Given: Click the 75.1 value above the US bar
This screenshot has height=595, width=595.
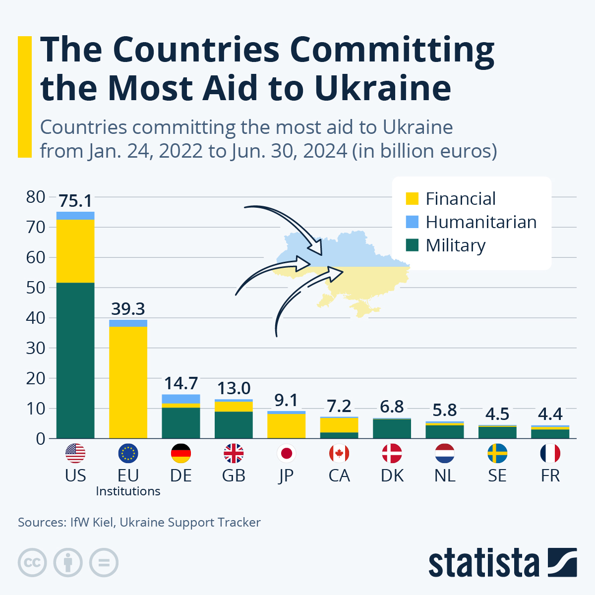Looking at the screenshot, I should point(75,201).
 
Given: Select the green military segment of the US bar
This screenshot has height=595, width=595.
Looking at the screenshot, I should point(75,360).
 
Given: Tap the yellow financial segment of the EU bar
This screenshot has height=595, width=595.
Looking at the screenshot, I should point(128,382).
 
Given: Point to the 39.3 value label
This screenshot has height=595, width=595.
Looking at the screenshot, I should point(128,309).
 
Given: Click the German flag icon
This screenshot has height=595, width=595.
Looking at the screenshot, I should point(181,453).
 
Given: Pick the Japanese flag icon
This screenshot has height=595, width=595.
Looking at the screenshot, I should point(287,453).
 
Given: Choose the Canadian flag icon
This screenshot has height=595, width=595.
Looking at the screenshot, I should point(339,453).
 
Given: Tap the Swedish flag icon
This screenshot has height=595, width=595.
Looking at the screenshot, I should point(497,453).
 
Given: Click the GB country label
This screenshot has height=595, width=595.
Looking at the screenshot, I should point(234,476).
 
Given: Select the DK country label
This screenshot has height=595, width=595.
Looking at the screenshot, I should point(392,476).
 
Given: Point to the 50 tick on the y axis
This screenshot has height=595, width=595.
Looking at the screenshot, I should point(36,288).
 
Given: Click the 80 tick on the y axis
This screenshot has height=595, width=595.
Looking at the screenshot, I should point(36,197).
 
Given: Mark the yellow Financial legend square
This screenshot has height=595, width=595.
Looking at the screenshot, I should point(412,199).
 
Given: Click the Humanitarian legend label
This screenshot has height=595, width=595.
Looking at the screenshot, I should point(481,222).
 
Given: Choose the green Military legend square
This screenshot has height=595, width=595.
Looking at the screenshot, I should point(412,245).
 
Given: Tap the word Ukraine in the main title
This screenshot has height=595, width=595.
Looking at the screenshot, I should point(382,88).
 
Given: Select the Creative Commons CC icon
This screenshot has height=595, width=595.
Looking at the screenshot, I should point(32,563).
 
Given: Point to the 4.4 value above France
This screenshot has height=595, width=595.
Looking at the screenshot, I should point(550,414).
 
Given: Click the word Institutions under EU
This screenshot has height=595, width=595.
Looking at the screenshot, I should point(128,491).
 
